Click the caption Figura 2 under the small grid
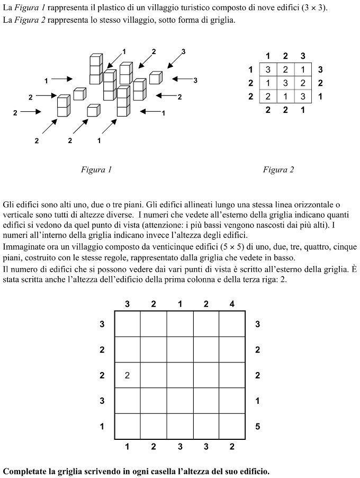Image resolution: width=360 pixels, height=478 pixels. pyautogui.click(x=278, y=170)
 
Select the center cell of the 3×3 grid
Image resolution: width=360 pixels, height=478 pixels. pyautogui.click(x=285, y=83)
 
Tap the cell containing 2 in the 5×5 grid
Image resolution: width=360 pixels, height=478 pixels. pyautogui.click(x=128, y=375)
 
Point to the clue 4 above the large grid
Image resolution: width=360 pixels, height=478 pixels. pyautogui.click(x=232, y=304)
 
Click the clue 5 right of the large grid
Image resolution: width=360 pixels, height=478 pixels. pyautogui.click(x=258, y=426)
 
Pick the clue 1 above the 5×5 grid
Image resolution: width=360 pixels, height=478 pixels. pyautogui.click(x=180, y=304)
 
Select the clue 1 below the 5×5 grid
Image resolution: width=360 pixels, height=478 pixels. pyautogui.click(x=128, y=447)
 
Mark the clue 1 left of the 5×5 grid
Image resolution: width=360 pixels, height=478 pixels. pyautogui.click(x=102, y=426)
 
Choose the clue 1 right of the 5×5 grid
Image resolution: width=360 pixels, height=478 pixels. pyautogui.click(x=258, y=401)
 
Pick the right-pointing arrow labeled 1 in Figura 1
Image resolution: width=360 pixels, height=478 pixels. pyautogui.click(x=62, y=79)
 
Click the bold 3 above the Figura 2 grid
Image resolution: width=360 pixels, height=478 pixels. pyautogui.click(x=302, y=56)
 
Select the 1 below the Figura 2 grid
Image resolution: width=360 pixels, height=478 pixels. pyautogui.click(x=302, y=110)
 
